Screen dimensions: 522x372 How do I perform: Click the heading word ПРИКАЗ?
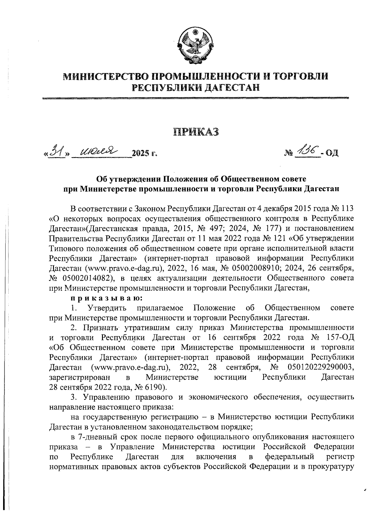(196, 131)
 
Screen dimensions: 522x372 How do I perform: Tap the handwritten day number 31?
(57, 151)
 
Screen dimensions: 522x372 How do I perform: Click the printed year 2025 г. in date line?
(145, 153)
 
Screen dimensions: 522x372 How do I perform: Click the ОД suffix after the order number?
(331, 153)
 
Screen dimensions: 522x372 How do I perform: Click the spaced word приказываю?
(106, 298)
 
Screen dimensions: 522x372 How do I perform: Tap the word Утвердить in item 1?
(108, 308)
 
